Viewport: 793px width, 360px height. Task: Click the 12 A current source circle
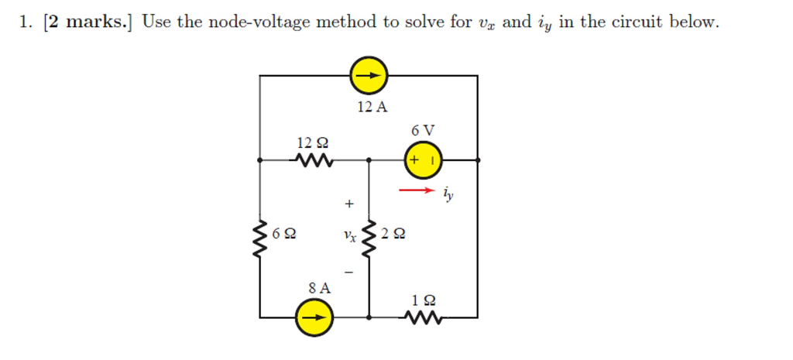pos(369,76)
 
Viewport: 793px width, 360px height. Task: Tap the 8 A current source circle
pos(314,317)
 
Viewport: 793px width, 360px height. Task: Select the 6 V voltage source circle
pos(423,160)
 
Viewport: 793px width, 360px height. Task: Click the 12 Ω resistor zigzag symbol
pos(314,161)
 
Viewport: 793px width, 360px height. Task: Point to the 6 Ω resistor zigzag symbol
pos(259,233)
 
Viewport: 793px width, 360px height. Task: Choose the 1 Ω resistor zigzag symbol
pos(423,317)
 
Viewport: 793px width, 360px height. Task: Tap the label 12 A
pos(372,107)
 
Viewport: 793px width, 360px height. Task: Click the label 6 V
pos(423,129)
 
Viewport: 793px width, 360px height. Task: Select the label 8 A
pos(319,288)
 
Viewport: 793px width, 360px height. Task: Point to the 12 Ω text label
pos(313,142)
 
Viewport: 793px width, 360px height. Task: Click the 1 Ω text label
pos(424,299)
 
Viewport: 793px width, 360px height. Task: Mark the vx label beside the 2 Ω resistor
pos(351,236)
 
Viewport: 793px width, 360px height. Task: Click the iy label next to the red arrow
pos(448,194)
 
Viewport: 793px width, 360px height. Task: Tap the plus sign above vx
pos(349,204)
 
